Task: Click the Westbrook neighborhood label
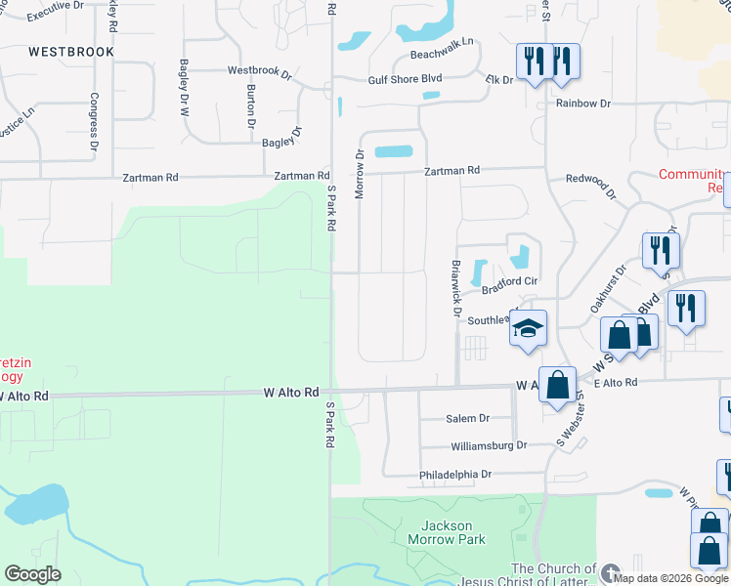(71, 51)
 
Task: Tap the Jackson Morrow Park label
(446, 532)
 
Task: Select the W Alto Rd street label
(291, 393)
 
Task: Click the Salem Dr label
(467, 418)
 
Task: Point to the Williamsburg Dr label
(488, 445)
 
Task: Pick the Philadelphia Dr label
(456, 474)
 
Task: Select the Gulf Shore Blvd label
(406, 80)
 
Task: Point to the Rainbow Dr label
(583, 103)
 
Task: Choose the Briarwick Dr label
(455, 288)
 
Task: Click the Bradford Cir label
(510, 282)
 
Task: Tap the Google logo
(32, 574)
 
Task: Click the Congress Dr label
(95, 121)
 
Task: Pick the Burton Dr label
(251, 107)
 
